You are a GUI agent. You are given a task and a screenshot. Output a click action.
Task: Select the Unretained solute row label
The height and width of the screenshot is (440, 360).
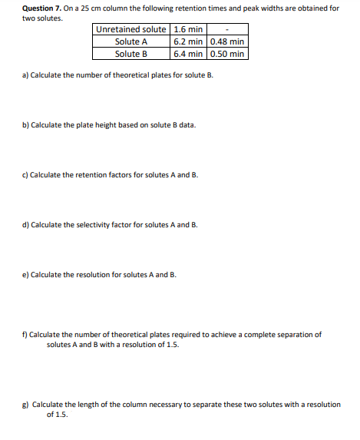pos(130,30)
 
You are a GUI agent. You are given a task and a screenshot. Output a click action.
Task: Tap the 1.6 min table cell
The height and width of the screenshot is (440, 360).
pos(188,30)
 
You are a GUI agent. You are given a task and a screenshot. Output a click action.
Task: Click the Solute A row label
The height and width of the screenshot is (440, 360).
pos(130,41)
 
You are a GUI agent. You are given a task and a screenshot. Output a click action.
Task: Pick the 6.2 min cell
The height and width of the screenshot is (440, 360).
pos(188,41)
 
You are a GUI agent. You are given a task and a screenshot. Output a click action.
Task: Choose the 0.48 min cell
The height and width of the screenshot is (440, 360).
pos(227,41)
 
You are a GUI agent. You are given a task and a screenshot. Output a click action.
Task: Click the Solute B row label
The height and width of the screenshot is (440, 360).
pos(130,54)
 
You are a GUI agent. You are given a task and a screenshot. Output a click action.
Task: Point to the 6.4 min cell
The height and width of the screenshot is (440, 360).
pos(188,54)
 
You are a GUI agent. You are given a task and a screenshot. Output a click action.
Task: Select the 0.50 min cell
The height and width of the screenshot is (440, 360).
pos(227,54)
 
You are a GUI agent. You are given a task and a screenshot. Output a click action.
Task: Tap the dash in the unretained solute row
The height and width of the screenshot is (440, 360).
pos(227,30)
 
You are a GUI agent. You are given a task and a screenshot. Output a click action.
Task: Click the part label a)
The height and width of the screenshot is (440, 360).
pos(25,76)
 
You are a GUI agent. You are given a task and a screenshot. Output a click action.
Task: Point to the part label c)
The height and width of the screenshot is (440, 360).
pos(25,175)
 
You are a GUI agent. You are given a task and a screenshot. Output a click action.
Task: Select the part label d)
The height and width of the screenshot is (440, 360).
pos(25,225)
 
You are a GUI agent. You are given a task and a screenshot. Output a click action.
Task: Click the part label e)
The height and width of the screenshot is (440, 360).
pos(25,274)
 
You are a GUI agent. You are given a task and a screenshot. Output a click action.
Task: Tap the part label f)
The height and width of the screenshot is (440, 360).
pos(25,335)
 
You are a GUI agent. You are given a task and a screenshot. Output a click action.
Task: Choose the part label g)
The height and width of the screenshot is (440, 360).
pos(25,404)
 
